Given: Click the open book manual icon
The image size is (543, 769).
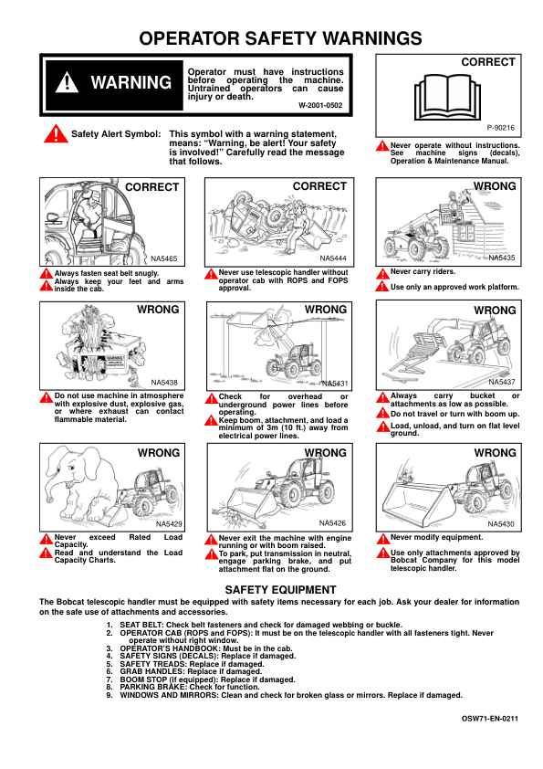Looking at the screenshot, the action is [447, 97].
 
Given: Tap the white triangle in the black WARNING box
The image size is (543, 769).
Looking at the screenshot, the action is [68, 82].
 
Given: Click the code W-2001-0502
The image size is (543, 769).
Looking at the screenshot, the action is [320, 105].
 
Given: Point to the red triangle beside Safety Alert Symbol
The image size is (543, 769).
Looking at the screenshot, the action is [56, 133].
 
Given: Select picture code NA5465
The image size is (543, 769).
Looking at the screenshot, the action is [164, 258].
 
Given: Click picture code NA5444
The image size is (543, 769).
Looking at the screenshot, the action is [333, 258].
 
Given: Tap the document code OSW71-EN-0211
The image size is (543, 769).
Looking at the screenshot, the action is [489, 719].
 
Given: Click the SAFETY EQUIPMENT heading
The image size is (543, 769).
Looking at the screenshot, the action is [281, 589].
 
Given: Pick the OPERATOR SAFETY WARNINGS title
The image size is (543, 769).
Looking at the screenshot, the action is [281, 38].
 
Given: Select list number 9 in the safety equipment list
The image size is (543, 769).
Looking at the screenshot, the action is [110, 695].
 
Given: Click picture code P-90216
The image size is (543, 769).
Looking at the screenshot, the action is [501, 128].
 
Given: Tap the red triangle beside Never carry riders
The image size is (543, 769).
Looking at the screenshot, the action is [382, 274].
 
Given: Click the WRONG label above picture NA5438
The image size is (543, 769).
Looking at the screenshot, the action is [158, 310].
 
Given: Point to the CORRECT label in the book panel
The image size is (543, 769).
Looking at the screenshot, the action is [488, 62].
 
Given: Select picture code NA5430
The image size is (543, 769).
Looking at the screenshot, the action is [501, 524].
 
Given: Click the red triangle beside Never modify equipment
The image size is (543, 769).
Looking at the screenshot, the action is [382, 539].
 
